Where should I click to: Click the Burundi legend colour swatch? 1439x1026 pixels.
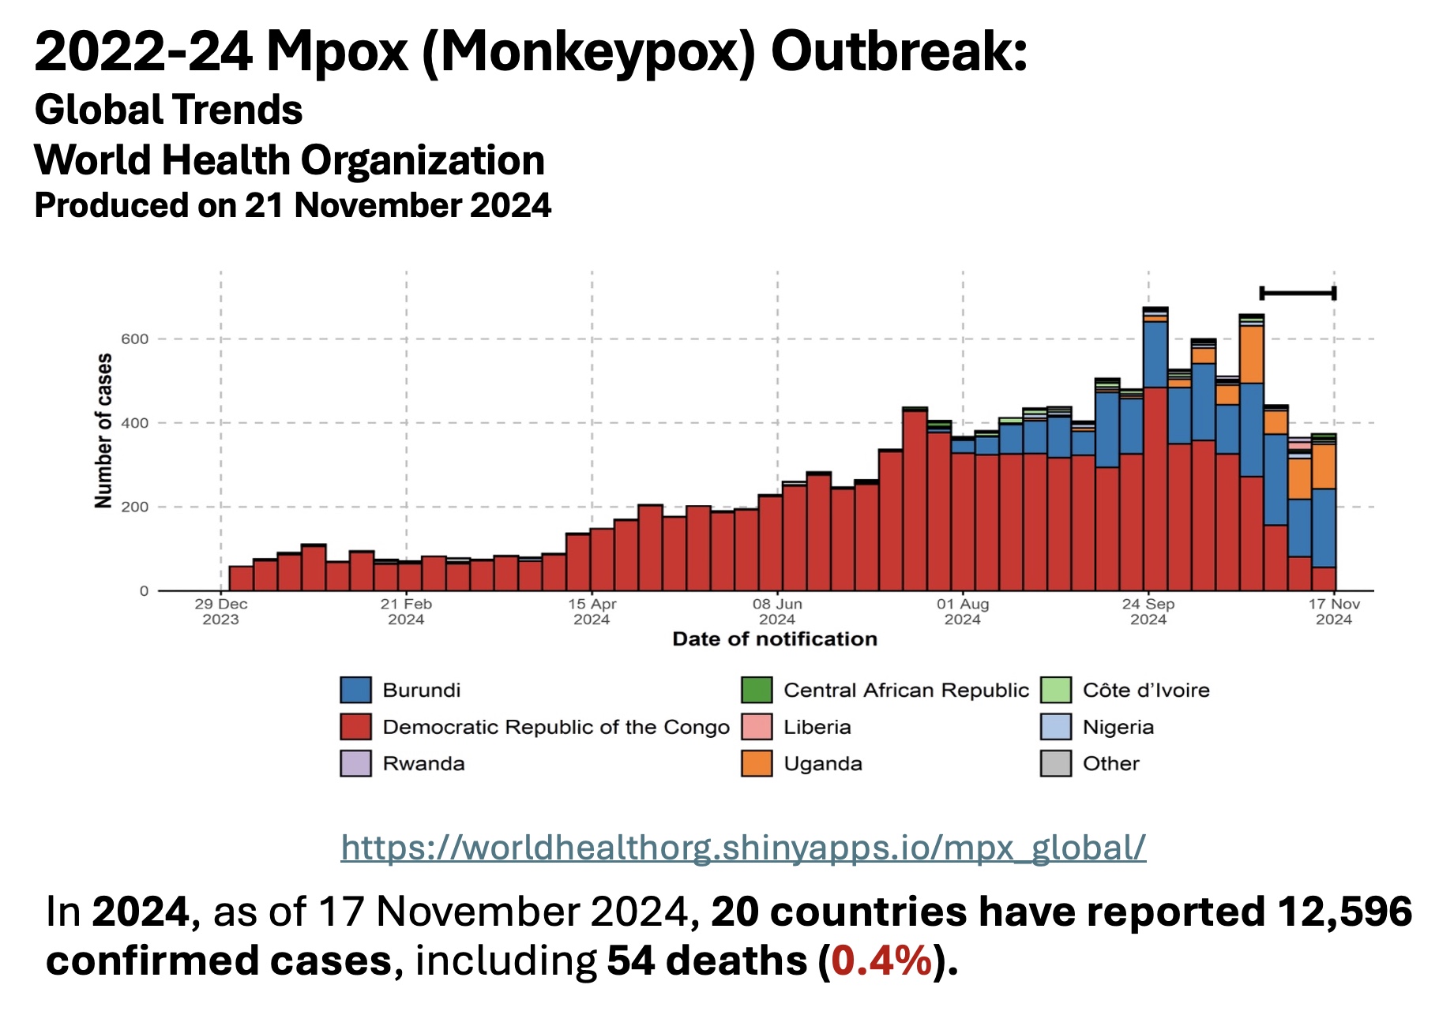point(355,690)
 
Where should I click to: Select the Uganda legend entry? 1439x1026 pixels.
point(822,764)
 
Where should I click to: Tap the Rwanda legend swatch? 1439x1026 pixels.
point(355,764)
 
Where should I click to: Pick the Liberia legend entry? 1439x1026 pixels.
point(817,727)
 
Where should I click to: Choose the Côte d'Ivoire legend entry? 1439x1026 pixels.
point(1145,691)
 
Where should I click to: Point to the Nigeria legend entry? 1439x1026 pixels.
point(1118,727)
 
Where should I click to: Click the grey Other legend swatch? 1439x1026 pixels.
point(1056,764)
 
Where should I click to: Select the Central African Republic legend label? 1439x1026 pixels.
point(906,691)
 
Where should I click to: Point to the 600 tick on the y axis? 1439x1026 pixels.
point(134,339)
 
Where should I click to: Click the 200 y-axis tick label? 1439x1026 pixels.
point(134,507)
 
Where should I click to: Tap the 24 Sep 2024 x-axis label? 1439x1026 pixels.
point(1148,612)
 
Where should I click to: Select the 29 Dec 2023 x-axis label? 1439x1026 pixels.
point(221,612)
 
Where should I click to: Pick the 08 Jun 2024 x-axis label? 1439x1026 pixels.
point(777,612)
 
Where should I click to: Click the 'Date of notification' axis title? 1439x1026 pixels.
point(775,639)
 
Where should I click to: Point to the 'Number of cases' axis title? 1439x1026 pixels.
point(103,431)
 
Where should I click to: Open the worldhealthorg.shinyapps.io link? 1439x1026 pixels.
point(743,848)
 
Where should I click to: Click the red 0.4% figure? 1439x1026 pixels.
point(881,961)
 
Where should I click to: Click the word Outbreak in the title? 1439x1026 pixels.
point(899,52)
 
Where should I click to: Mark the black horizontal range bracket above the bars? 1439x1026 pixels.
point(1298,294)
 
